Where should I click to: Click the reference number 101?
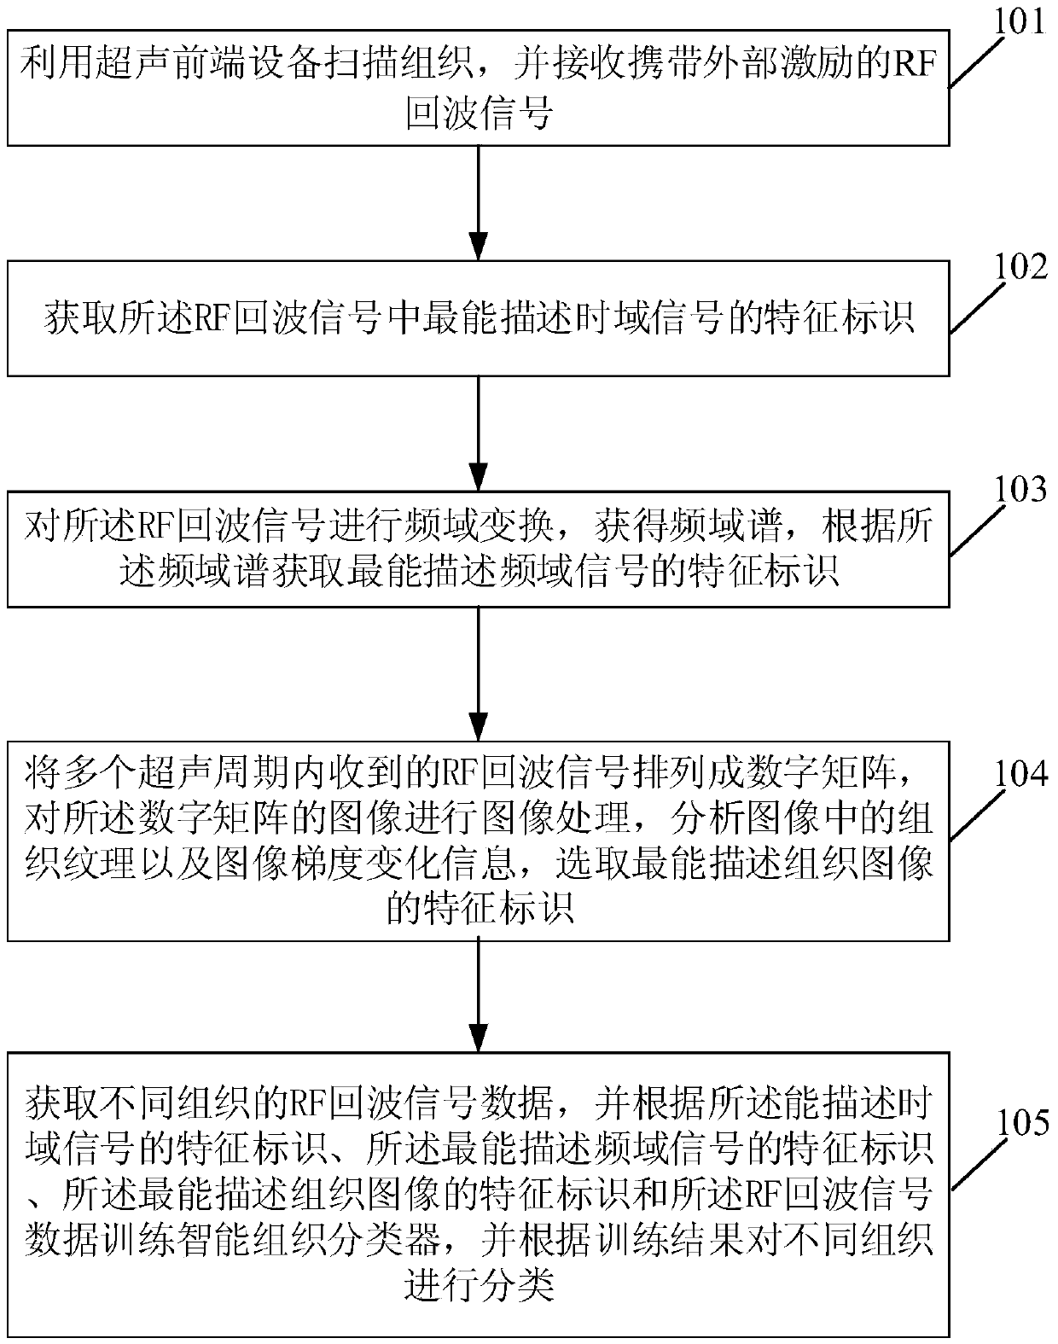pyautogui.click(x=1020, y=22)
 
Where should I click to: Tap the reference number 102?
pyautogui.click(x=1020, y=267)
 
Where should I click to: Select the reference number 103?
pyautogui.click(x=1020, y=490)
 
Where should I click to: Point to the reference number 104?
pyautogui.click(x=1020, y=774)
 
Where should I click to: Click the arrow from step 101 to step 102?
pyautogui.click(x=479, y=203)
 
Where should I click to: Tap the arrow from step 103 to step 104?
pyautogui.click(x=479, y=674)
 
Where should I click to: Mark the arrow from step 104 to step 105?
pyautogui.click(x=479, y=997)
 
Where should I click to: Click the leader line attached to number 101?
pyautogui.click(x=977, y=61)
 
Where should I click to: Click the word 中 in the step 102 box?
pyautogui.click(x=402, y=318)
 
